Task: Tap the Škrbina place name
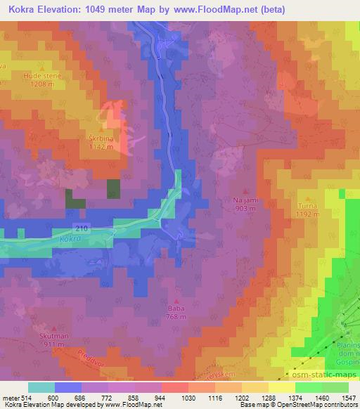pos(102,138)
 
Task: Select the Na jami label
pos(245,200)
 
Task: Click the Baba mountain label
pos(176,307)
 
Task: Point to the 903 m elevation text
pos(245,208)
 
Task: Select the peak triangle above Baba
pos(176,299)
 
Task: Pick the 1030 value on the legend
pos(178,398)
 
